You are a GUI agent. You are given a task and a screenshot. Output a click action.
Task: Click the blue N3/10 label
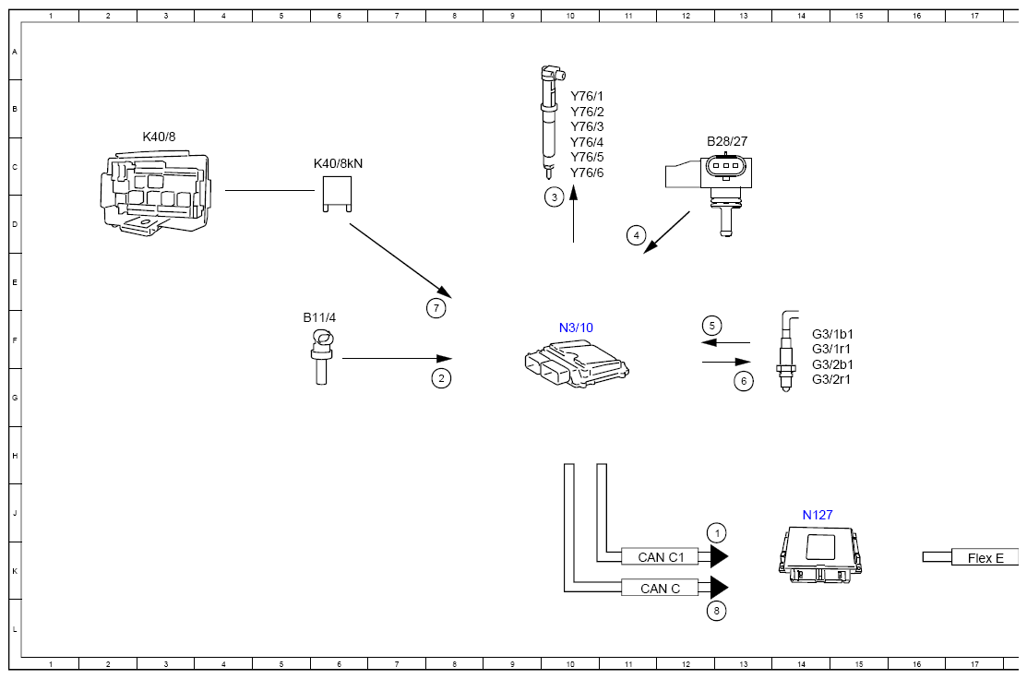click(576, 328)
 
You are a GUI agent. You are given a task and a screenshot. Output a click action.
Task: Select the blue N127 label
click(818, 515)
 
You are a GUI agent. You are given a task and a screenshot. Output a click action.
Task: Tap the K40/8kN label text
click(338, 163)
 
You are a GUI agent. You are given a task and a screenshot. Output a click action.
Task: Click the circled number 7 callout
click(436, 308)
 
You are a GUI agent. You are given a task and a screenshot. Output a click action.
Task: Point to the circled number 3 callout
click(555, 197)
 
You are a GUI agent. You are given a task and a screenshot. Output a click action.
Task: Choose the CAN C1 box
click(660, 556)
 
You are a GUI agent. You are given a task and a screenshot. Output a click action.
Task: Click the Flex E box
click(985, 557)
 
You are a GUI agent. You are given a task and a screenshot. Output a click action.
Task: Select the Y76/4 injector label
click(587, 142)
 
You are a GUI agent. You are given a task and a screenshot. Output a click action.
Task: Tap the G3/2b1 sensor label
click(832, 364)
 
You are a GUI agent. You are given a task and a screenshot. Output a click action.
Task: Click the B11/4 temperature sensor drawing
click(322, 356)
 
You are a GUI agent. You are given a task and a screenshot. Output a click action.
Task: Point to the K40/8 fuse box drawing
click(156, 194)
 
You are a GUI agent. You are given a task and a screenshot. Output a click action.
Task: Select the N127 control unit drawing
click(820, 554)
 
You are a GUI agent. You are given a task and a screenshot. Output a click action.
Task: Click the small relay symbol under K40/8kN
click(338, 194)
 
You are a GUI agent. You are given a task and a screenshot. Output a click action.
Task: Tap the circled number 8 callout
click(717, 611)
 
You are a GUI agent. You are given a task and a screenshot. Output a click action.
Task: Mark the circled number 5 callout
click(712, 326)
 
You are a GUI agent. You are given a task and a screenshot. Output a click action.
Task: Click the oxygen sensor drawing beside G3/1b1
click(786, 351)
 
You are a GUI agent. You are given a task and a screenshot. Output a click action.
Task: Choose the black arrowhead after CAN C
click(719, 588)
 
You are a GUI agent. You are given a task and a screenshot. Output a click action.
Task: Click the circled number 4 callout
click(636, 235)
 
